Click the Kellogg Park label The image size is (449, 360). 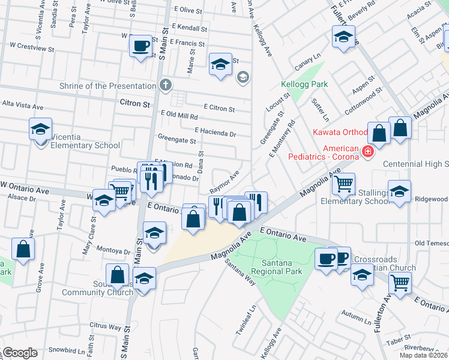tap(305, 85)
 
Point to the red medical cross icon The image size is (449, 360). tap(367, 152)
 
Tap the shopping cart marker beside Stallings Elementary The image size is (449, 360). tap(343, 184)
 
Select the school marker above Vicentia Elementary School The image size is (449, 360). tap(41, 128)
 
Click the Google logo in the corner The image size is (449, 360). tap(19, 353)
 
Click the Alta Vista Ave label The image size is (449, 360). tap(23, 106)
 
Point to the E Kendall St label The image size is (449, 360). tap(188, 28)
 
